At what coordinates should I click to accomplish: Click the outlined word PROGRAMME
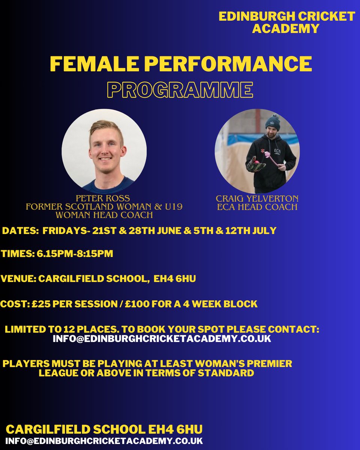[x=180, y=90]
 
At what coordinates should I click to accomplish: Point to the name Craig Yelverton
[x=257, y=198]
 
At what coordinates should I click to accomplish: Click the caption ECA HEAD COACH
[x=257, y=207]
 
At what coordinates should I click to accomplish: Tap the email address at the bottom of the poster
[x=104, y=441]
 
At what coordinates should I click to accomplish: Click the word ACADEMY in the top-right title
[x=286, y=28]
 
